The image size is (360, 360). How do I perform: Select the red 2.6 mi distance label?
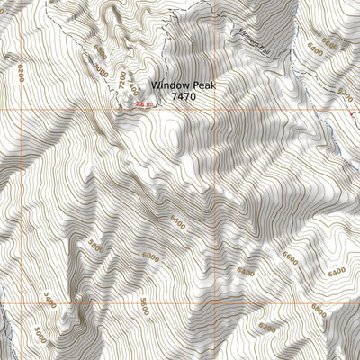click(x=143, y=105)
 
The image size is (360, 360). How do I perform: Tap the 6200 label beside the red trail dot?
click(x=343, y=94)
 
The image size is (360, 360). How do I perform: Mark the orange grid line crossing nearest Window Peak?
click(x=213, y=109)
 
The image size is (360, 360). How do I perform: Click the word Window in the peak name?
click(x=169, y=83)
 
